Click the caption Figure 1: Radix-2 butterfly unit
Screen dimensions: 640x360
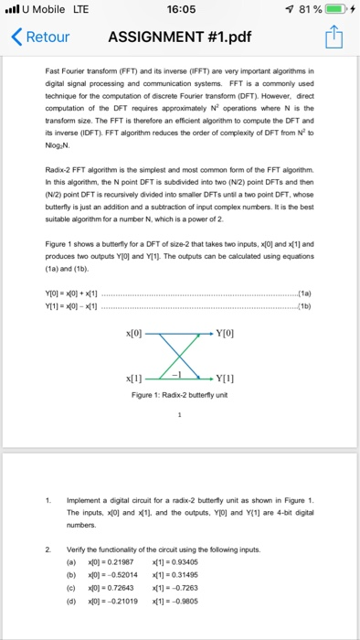(180, 395)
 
